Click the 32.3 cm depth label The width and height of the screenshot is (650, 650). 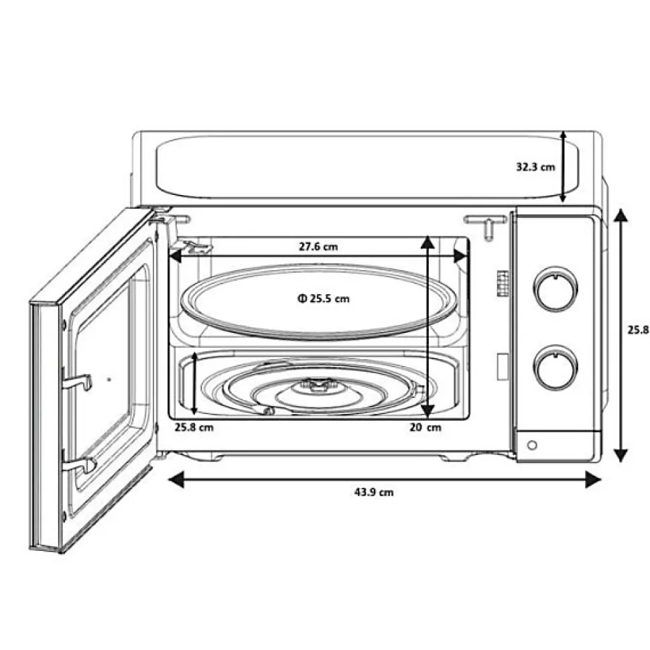tap(535, 167)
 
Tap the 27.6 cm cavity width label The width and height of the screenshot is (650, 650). tap(318, 247)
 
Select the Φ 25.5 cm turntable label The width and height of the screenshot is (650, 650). tap(324, 298)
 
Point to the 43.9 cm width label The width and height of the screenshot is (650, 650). tap(374, 492)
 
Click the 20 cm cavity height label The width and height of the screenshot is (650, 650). tap(426, 427)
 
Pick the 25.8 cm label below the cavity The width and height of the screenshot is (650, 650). tap(194, 427)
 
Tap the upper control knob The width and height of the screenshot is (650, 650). tap(556, 288)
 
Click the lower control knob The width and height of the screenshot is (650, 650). tap(556, 367)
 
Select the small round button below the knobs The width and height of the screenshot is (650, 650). tap(532, 445)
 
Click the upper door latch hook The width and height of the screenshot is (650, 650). tap(77, 381)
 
